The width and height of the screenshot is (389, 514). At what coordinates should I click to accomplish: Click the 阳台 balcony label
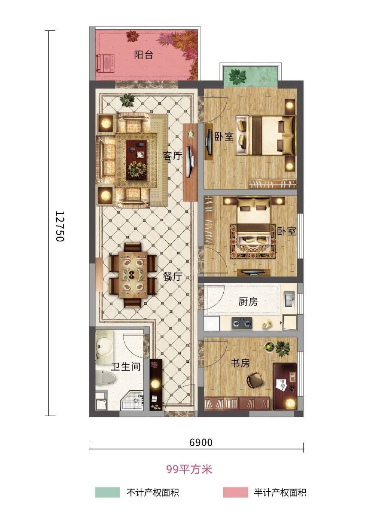(x=143, y=55)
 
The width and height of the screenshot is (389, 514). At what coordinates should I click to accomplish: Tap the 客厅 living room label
(x=172, y=156)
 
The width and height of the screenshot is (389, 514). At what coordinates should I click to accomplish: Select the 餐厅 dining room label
(x=172, y=277)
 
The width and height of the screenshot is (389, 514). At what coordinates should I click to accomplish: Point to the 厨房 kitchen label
(x=248, y=302)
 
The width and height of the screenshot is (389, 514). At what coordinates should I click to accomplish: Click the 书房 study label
(x=240, y=363)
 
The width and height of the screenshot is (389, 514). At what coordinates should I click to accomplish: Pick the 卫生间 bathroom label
(x=126, y=366)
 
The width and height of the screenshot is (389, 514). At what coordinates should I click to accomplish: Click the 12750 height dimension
(x=60, y=226)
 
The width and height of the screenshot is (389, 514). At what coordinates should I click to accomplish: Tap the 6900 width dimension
(x=201, y=442)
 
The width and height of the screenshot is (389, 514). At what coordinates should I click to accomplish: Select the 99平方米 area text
(x=189, y=469)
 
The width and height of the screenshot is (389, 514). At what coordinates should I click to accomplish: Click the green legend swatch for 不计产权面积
(x=107, y=492)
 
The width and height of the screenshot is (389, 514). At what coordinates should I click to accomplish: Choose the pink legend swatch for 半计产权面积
(x=235, y=492)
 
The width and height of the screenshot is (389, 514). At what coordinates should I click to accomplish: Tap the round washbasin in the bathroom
(x=104, y=346)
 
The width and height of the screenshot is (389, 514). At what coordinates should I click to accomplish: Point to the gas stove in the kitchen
(x=242, y=324)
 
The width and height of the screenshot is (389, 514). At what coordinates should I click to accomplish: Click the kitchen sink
(x=289, y=300)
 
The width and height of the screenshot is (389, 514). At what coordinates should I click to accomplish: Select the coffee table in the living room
(x=137, y=159)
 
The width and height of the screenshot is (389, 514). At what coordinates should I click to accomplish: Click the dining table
(x=133, y=275)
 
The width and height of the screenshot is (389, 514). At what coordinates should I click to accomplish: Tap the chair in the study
(x=255, y=380)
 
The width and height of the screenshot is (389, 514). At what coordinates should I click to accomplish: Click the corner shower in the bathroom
(x=133, y=400)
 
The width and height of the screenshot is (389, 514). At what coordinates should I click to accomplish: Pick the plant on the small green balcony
(x=237, y=76)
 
